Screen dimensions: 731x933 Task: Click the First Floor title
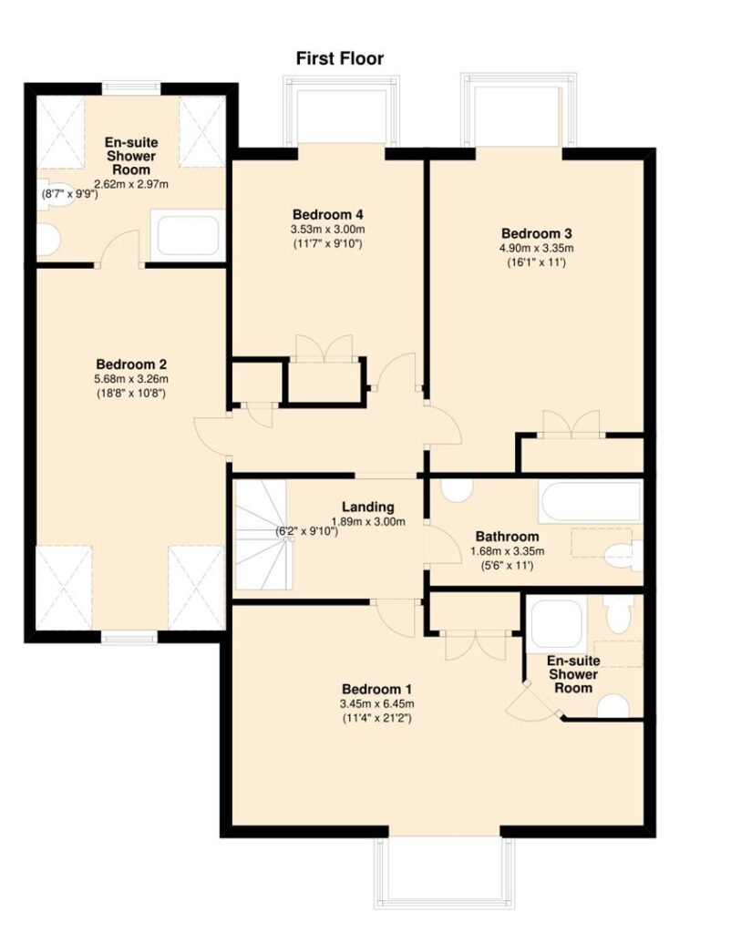(340, 58)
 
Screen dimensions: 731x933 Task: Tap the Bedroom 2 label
(131, 364)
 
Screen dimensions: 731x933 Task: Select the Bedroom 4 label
(328, 214)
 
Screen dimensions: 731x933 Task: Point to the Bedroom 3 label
(537, 233)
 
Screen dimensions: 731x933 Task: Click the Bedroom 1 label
(376, 689)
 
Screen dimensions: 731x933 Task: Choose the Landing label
(368, 507)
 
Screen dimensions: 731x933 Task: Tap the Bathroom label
(507, 536)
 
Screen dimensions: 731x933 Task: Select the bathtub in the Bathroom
(591, 501)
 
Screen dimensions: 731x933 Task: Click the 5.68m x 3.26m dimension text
(131, 379)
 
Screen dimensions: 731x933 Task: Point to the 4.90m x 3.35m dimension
(537, 248)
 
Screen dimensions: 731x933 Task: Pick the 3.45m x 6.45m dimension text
(376, 704)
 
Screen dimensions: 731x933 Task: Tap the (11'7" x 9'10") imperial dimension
(328, 243)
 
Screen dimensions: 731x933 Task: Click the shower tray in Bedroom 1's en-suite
(557, 624)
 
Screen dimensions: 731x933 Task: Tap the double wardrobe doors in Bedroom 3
(571, 425)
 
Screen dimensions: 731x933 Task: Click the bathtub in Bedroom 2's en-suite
(188, 235)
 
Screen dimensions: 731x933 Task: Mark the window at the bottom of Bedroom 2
(129, 638)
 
